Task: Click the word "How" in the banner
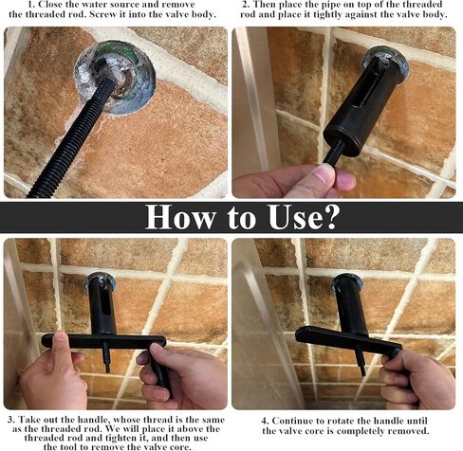[x=178, y=217]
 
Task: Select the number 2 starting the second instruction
[x=247, y=5]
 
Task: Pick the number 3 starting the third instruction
[x=9, y=418]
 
